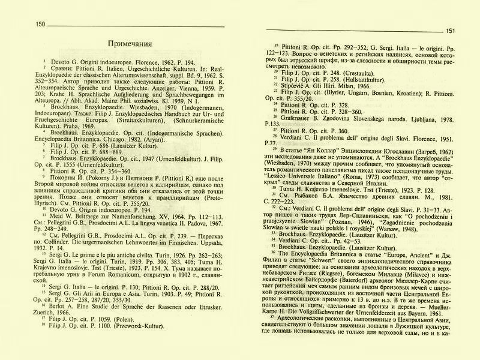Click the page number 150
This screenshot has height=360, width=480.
coord(41,24)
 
